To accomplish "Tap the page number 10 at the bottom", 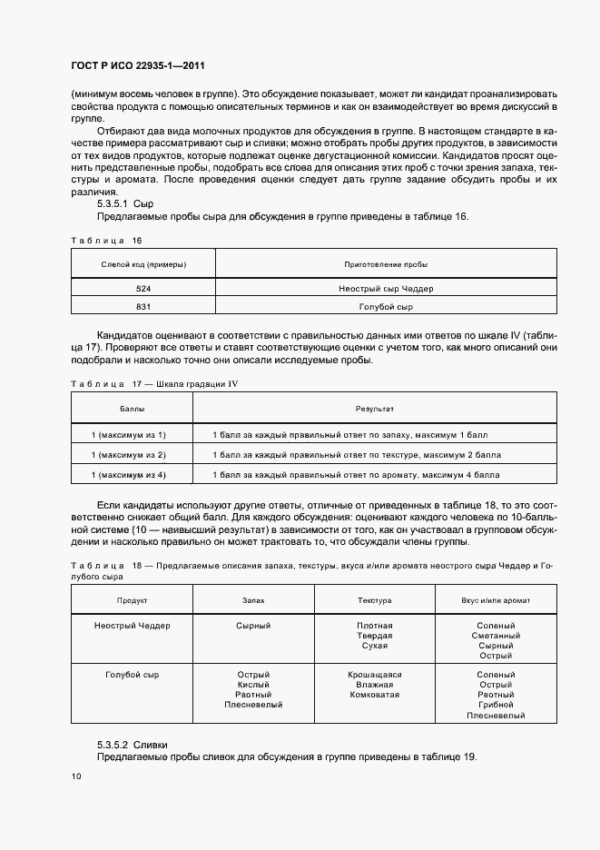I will coord(76,776).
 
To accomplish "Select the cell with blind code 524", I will coord(143,288).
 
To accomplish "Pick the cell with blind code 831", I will coord(143,307).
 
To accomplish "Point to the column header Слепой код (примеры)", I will coord(143,264).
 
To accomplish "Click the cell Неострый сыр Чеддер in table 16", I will coord(386,288).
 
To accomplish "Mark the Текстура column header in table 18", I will coord(374,600).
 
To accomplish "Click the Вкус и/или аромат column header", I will coord(496,600).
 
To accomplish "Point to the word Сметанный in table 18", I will coord(496,636).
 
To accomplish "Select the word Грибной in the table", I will coord(496,705).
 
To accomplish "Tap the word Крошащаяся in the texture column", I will coord(374,675).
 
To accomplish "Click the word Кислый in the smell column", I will coord(253,685).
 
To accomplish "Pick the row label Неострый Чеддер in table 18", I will coord(133,626).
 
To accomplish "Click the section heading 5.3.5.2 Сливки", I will coord(133,744).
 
